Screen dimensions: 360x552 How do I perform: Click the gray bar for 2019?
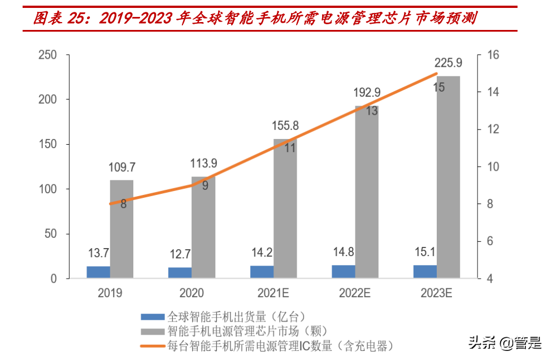click(121, 229)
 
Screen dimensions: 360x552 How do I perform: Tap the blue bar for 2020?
click(180, 272)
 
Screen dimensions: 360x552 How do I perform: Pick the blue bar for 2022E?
click(344, 271)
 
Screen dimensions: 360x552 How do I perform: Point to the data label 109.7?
click(122, 167)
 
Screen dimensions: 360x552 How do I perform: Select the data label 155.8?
click(285, 126)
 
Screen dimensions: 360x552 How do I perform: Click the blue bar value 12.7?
click(180, 253)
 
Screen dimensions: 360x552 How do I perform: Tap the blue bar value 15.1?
click(425, 251)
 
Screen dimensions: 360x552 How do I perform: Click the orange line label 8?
click(123, 204)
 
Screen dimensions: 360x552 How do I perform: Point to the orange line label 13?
click(372, 111)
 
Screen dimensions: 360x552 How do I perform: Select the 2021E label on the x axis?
click(273, 293)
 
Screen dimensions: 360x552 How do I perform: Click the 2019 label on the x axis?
click(110, 293)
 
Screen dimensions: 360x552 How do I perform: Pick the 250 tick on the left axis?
click(47, 55)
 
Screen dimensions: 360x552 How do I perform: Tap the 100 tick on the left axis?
click(47, 189)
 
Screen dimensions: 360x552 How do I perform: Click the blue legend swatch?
click(151, 316)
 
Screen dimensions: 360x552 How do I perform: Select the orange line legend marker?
click(151, 344)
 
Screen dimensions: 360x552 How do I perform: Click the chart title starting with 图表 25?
click(254, 19)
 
